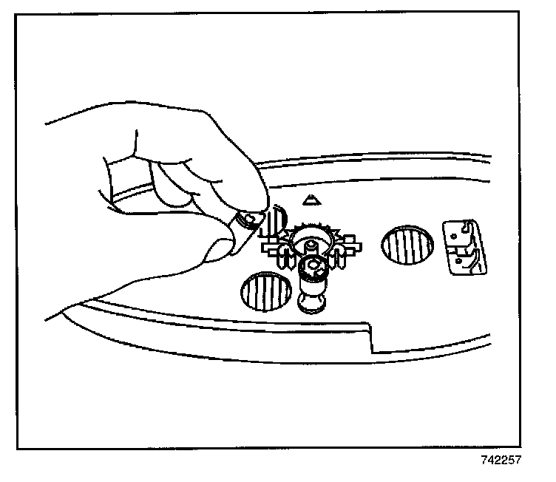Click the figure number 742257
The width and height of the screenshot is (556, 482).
point(499,460)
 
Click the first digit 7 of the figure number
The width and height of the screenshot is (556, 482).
point(481,460)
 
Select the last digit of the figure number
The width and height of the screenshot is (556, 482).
point(518,460)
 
